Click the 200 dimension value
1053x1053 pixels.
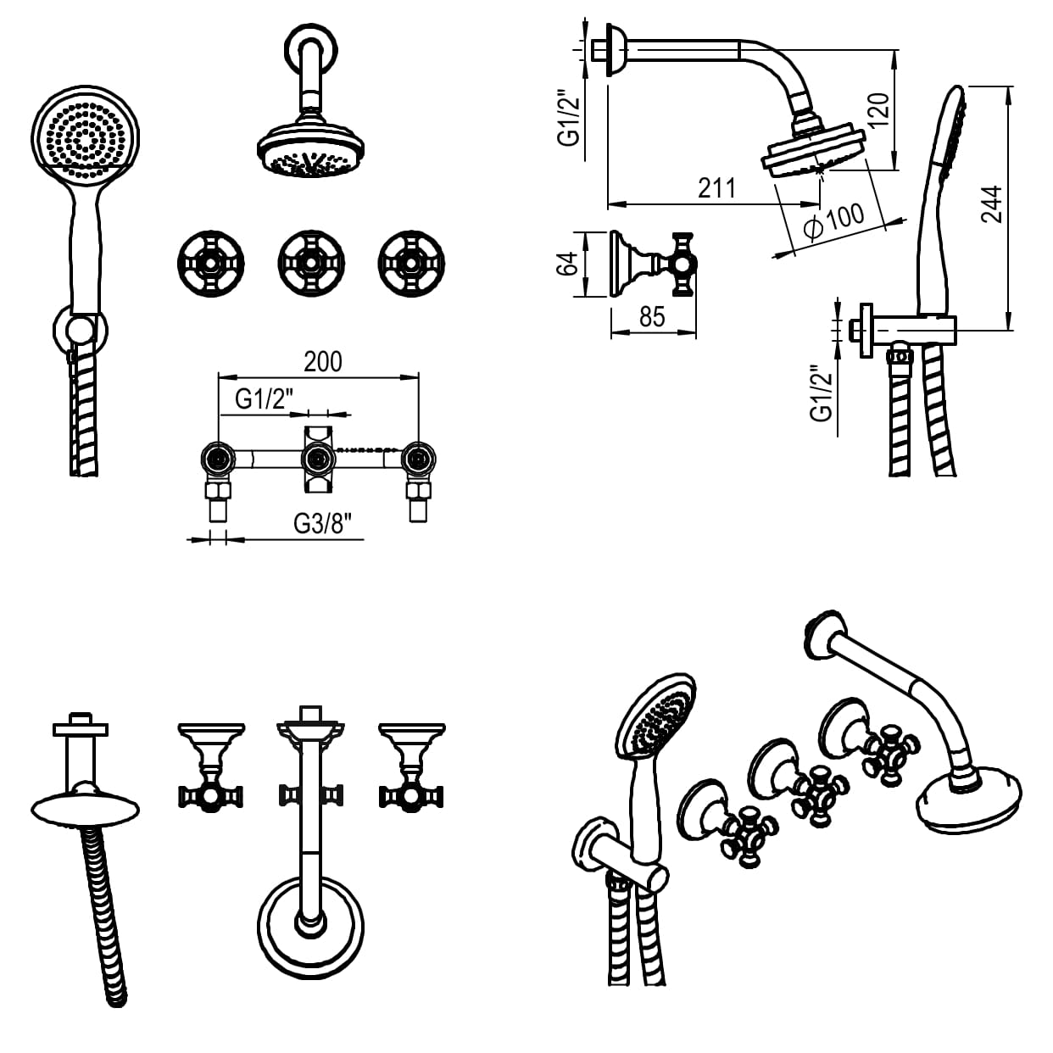[x=323, y=362]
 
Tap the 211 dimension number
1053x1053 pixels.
[x=717, y=188]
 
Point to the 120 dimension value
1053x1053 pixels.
[x=878, y=110]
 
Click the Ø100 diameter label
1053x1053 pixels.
[x=834, y=221]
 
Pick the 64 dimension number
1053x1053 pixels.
[x=566, y=265]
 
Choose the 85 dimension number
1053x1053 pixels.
[x=652, y=317]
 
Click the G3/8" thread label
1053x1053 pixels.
[x=322, y=524]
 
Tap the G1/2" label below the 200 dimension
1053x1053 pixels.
[x=265, y=399]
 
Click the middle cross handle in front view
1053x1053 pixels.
[x=311, y=264]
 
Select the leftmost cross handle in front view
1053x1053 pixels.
[x=211, y=264]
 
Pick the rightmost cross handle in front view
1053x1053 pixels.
[x=411, y=264]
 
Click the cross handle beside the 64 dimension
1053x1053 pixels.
[x=682, y=265]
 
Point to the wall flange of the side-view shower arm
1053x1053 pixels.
[x=616, y=50]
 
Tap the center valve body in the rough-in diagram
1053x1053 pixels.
[x=317, y=460]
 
